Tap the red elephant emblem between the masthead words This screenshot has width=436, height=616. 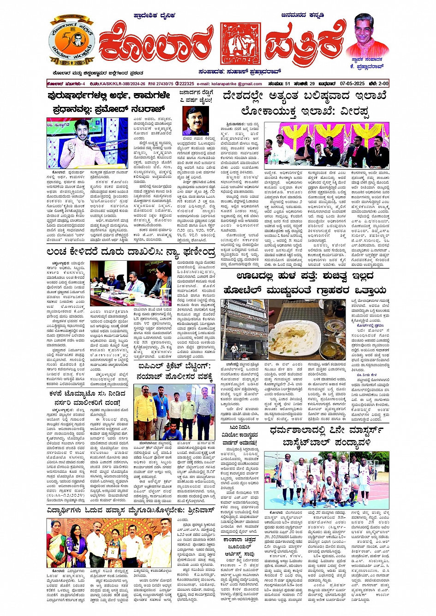(x=240, y=43)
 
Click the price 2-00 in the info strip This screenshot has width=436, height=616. (x=379, y=84)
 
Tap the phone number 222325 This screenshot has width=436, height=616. (x=185, y=84)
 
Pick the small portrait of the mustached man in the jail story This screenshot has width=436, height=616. (x=196, y=121)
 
